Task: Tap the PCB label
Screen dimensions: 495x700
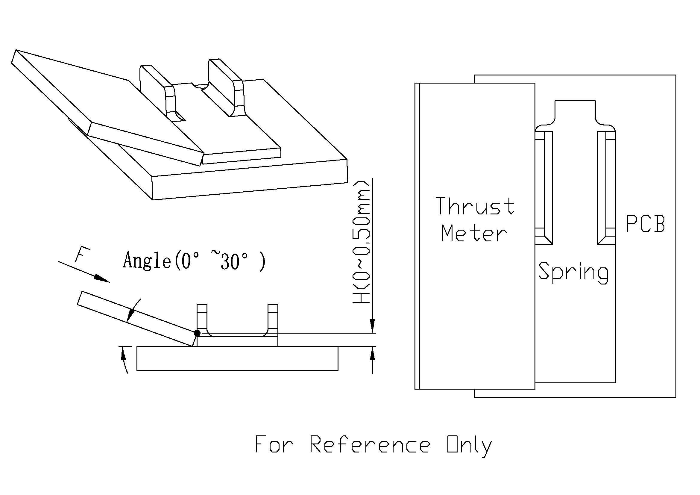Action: click(645, 224)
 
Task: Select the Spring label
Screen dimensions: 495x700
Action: click(573, 273)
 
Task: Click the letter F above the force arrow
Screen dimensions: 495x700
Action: click(82, 255)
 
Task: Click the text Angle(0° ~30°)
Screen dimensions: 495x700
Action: click(194, 261)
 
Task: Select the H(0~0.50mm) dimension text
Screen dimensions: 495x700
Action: click(362, 243)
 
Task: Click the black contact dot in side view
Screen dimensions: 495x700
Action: click(197, 333)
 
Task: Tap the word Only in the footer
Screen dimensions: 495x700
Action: click(469, 445)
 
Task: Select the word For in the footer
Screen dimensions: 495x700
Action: click(274, 445)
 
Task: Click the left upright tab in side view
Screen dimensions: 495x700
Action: click(202, 317)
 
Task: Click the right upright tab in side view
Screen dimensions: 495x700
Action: click(273, 317)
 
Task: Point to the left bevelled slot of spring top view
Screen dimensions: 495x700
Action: click(544, 187)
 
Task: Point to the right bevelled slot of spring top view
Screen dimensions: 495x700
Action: click(606, 187)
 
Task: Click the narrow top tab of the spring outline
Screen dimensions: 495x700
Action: click(575, 111)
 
